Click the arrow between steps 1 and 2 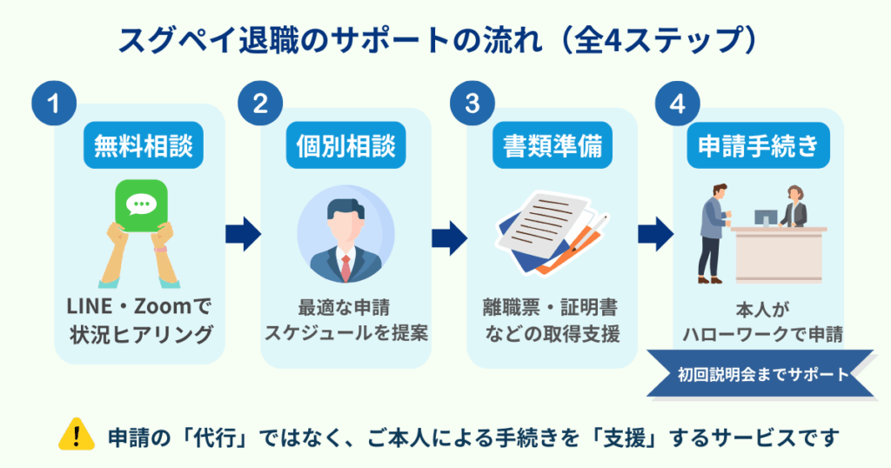[243, 232]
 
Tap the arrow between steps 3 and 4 [655, 232]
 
